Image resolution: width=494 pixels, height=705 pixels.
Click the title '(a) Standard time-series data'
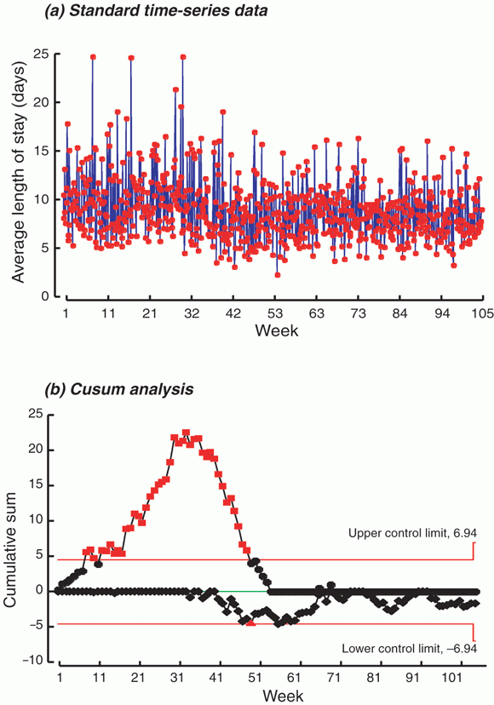point(156,11)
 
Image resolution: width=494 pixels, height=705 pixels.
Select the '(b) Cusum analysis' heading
point(119,389)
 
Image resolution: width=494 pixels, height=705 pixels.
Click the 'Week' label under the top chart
point(276,330)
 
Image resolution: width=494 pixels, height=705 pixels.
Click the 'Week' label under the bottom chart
point(283,696)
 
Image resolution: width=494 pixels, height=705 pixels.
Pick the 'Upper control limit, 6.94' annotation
point(412,533)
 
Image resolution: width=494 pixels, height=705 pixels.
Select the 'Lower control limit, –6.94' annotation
point(410,648)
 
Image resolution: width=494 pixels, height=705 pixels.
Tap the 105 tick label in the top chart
point(483,313)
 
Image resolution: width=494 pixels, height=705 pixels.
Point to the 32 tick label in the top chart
point(192,313)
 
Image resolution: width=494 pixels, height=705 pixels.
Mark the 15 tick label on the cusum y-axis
point(41,485)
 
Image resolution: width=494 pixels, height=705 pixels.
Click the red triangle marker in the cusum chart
point(251,622)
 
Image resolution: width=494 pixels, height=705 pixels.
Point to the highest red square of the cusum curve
point(186,433)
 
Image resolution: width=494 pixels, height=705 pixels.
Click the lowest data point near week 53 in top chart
point(278,275)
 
